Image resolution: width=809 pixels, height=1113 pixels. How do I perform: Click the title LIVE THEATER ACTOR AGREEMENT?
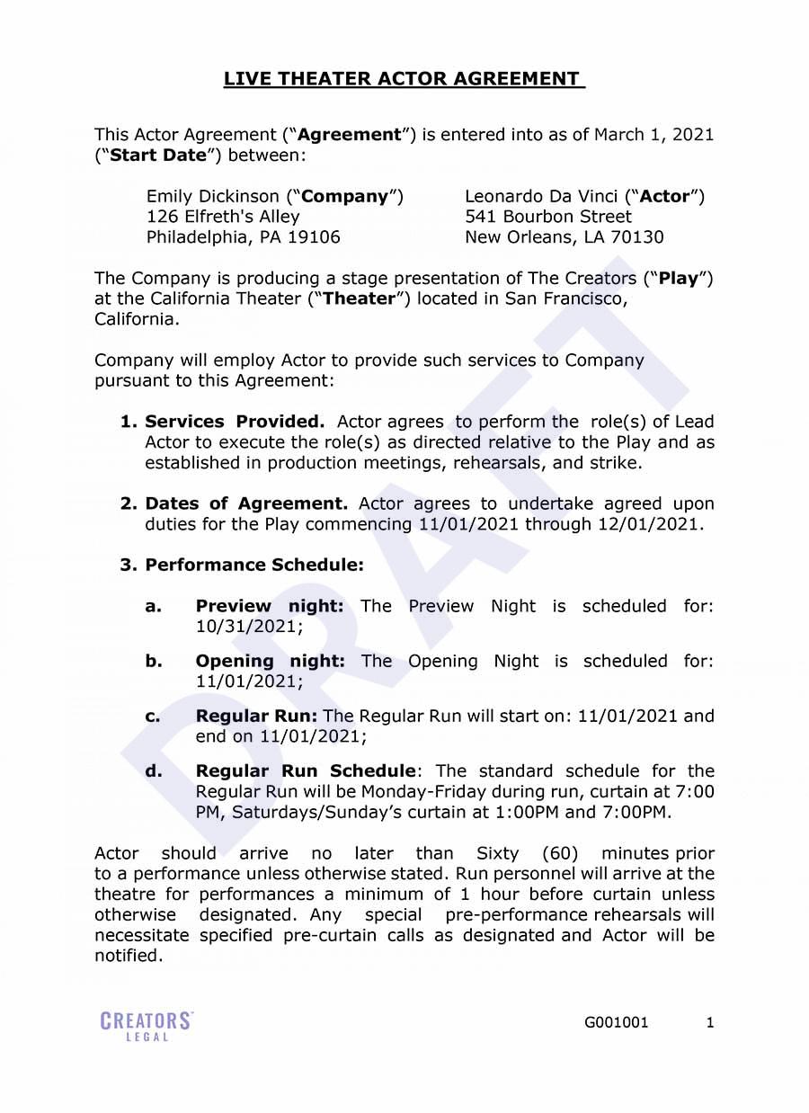404,79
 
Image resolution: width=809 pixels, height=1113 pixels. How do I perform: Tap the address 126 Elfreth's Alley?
223,217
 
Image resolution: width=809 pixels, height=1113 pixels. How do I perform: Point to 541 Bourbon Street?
547,217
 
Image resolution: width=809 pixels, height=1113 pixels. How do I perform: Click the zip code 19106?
314,237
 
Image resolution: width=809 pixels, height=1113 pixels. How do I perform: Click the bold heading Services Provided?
235,422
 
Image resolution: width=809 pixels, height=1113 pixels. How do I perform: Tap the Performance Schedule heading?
254,565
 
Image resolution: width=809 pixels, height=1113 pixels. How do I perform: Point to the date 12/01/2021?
649,524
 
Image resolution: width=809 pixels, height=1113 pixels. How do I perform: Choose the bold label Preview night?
270,606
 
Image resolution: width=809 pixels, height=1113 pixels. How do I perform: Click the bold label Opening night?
270,661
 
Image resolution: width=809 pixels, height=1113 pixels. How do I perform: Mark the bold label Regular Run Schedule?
306,771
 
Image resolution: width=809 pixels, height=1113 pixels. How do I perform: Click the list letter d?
154,771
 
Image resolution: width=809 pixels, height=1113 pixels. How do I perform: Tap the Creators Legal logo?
147,1026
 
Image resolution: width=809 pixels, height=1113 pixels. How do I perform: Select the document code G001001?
616,1022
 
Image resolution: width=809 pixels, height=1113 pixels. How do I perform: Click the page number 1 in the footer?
710,1022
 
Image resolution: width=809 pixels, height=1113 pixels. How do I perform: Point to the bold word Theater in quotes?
360,299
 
